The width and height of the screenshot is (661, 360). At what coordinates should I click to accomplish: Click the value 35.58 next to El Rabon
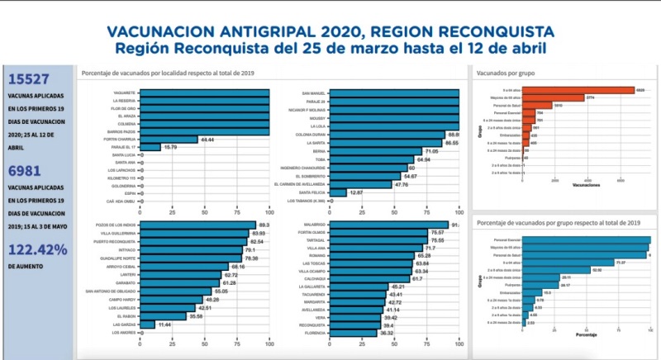[x=195, y=316]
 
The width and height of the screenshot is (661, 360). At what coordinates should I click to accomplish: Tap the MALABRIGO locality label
[x=316, y=225]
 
